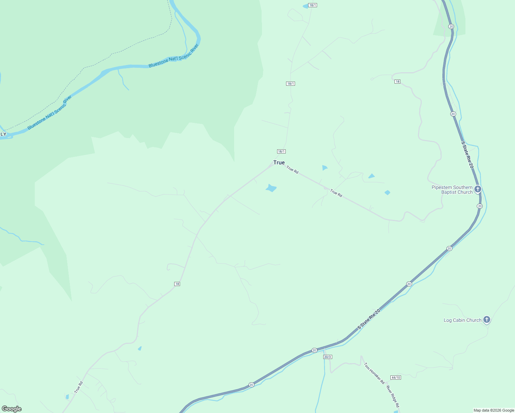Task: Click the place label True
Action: tap(279, 162)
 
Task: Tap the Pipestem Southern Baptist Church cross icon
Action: tap(477, 189)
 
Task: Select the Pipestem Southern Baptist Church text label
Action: tap(452, 190)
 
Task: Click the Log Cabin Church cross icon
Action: tap(486, 320)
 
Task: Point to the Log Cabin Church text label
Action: tap(462, 320)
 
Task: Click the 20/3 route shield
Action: tap(327, 357)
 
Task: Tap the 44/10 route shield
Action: tap(396, 378)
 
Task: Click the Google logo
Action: tap(12, 409)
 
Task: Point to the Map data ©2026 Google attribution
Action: tap(494, 410)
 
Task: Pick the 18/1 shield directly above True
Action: tap(281, 151)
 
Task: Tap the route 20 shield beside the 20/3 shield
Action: tap(314, 350)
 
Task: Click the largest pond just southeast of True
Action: tap(271, 188)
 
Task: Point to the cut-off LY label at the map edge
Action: tap(3, 134)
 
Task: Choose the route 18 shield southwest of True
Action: tap(177, 284)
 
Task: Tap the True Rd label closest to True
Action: tap(292, 170)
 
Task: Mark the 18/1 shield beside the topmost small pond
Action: tap(312, 5)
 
